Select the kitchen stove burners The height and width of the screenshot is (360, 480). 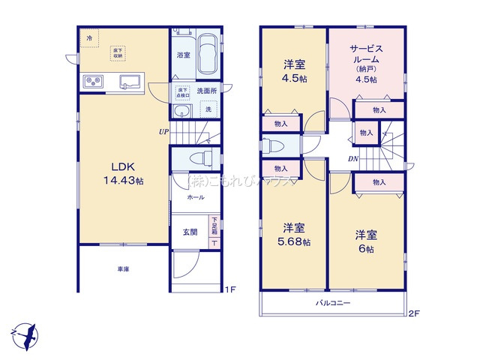93,80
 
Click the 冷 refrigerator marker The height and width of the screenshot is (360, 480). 89,37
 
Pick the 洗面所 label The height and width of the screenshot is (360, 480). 206,91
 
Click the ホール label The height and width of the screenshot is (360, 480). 195,196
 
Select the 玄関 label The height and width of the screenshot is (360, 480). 190,232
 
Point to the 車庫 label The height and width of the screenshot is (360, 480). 122,267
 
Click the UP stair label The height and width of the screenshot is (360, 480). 163,132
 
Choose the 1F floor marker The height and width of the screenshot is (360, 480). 231,289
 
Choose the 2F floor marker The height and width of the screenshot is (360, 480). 414,313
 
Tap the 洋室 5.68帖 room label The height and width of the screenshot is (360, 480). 293,235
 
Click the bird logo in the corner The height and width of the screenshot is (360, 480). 25,332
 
